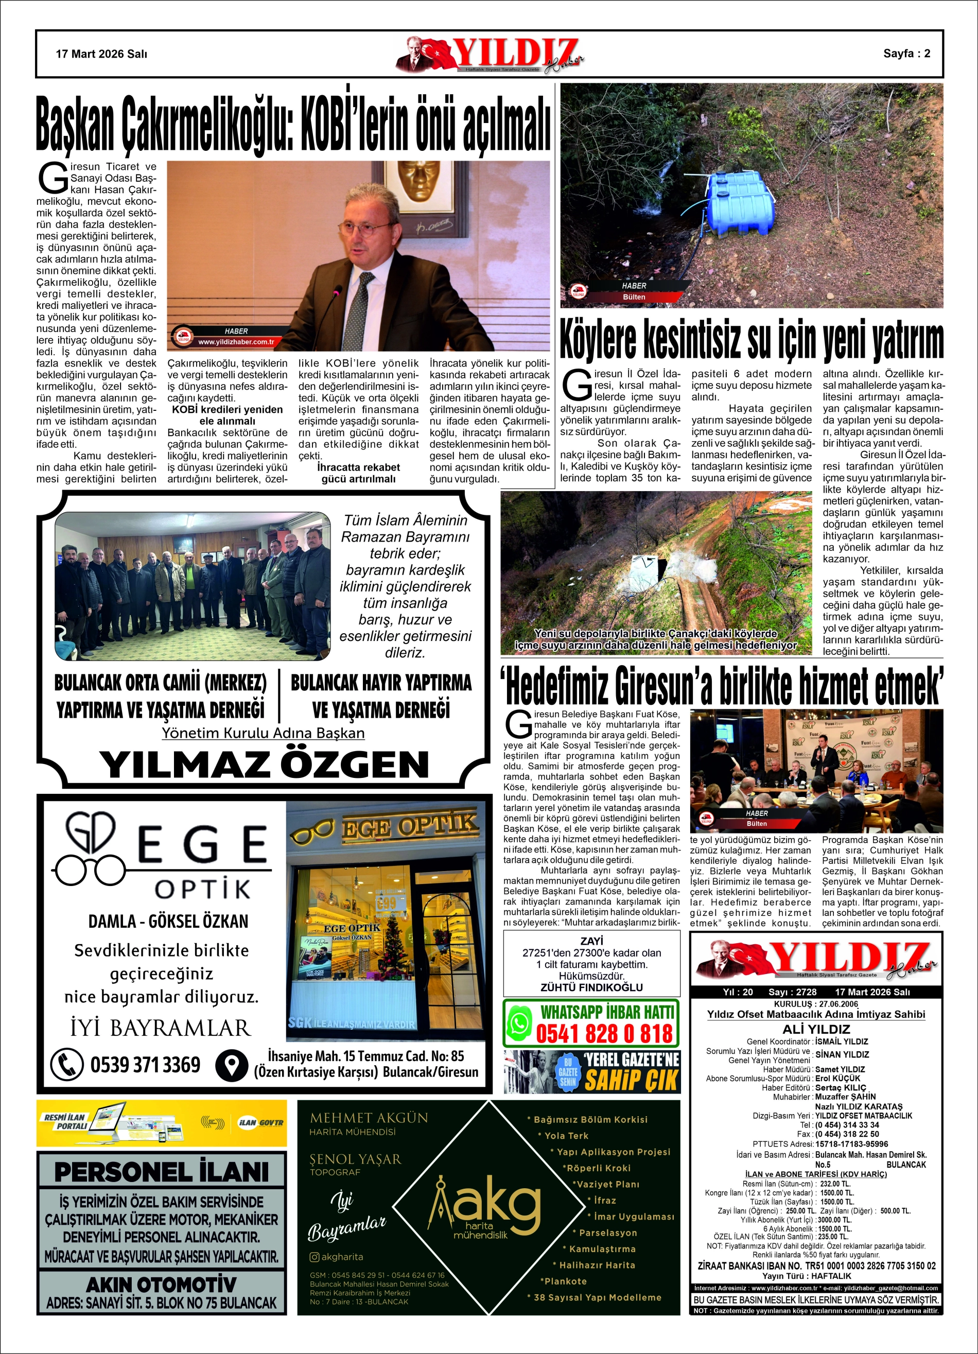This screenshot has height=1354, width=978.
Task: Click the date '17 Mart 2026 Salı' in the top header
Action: [101, 54]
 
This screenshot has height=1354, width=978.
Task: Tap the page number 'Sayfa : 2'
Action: [906, 53]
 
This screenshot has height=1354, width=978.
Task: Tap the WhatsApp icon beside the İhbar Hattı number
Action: [519, 1022]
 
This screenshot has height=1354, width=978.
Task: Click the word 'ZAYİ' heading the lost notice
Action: [591, 941]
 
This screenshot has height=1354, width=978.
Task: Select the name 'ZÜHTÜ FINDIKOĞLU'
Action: [591, 987]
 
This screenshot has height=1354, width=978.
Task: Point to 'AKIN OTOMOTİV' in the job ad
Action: [161, 1284]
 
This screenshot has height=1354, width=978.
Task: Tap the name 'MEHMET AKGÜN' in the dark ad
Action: [369, 1118]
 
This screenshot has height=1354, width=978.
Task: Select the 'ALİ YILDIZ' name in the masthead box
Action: [815, 1029]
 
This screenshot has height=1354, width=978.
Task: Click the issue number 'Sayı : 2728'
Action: [792, 992]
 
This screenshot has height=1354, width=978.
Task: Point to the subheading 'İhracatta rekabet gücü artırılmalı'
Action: [358, 473]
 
